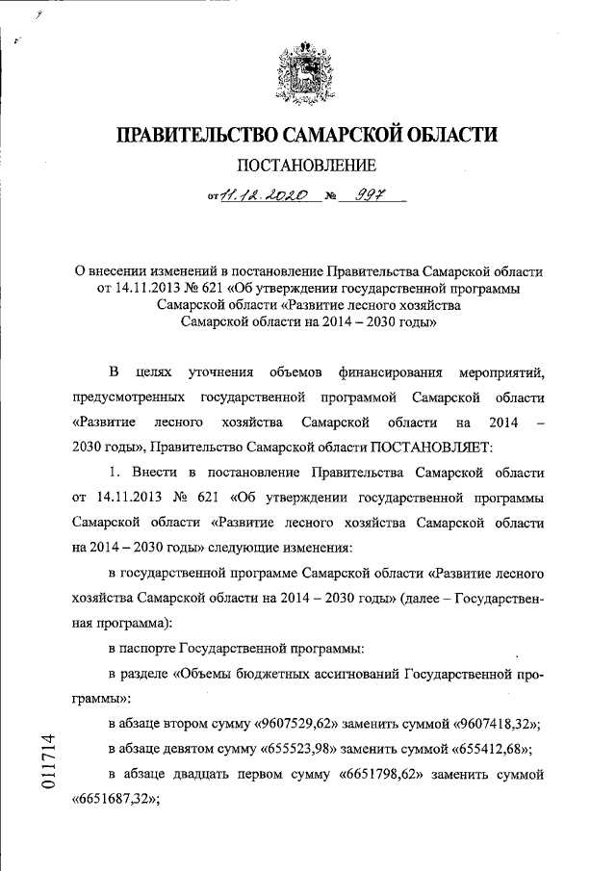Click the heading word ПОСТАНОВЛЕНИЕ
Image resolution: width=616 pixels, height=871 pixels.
click(308, 165)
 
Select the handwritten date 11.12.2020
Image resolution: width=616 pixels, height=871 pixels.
click(264, 195)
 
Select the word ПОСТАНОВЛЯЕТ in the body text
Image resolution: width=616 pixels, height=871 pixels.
click(432, 448)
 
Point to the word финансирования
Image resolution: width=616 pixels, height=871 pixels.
click(390, 370)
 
